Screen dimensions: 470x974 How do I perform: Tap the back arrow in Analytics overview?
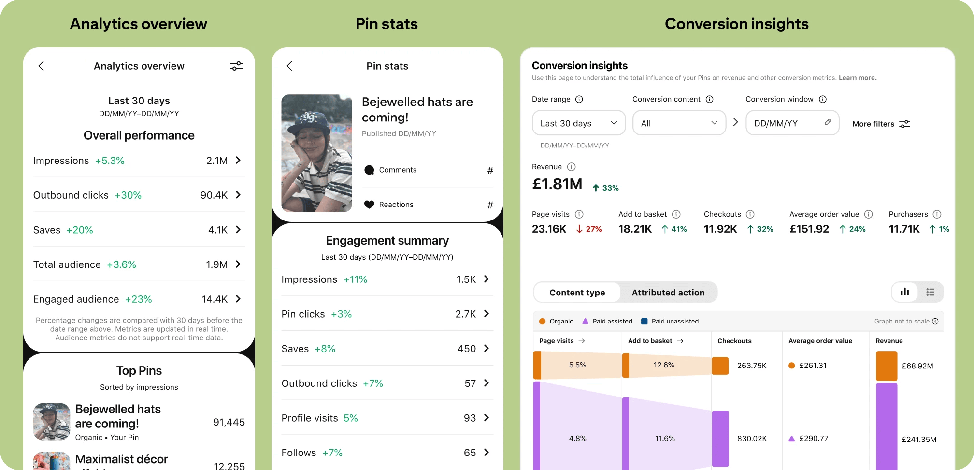tap(41, 66)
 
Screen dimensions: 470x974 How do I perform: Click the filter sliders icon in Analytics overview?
tap(236, 66)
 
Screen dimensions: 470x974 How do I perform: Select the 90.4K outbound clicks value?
tap(214, 195)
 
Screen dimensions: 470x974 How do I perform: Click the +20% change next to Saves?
tap(80, 230)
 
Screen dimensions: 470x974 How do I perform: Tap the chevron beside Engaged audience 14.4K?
tap(238, 299)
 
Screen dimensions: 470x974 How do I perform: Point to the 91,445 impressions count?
tap(229, 422)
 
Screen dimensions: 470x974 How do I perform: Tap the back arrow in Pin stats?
tap(289, 66)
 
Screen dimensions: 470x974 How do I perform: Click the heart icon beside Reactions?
tap(369, 205)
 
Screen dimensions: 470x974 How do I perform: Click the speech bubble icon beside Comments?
tap(369, 170)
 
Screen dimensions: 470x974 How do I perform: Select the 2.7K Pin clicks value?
tap(465, 314)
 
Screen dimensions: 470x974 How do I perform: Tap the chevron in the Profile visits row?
tap(487, 418)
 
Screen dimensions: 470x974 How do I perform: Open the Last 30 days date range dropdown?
tap(578, 123)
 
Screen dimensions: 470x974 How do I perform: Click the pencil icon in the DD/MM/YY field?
tap(828, 122)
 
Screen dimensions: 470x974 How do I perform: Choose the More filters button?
tap(881, 124)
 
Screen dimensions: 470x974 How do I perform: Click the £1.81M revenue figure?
tap(557, 184)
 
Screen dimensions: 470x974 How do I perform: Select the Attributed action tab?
tap(668, 293)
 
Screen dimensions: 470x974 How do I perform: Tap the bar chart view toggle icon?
tap(905, 292)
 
